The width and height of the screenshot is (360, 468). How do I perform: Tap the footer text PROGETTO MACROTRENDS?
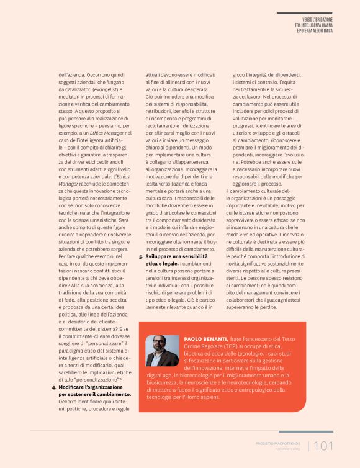pos(278,443)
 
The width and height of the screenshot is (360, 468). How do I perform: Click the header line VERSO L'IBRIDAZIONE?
pos(314,19)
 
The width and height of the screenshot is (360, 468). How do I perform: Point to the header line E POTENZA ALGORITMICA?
pos(315,30)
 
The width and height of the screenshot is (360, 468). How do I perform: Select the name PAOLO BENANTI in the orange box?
pos(207,339)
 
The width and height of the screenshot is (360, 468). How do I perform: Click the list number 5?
pos(141,256)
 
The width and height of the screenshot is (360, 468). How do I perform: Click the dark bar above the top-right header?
pos(304,12)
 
